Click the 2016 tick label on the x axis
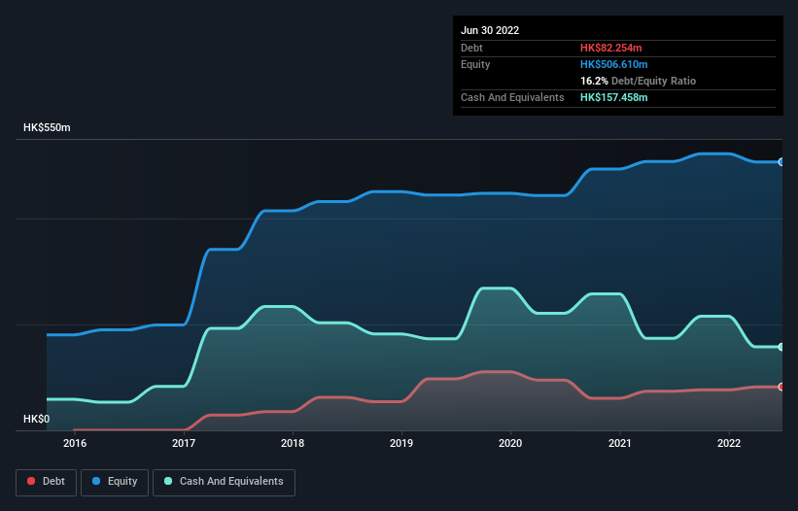click(x=75, y=444)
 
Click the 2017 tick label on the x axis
click(x=184, y=444)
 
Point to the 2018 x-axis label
click(x=293, y=444)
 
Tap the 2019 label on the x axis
click(x=401, y=444)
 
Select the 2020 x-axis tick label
click(x=510, y=444)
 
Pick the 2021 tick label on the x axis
click(x=619, y=444)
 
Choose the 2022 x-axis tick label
click(x=728, y=444)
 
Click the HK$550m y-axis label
click(x=48, y=128)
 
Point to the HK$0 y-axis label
click(x=36, y=419)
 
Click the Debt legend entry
click(x=47, y=482)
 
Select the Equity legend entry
click(x=115, y=482)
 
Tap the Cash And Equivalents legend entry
click(x=224, y=482)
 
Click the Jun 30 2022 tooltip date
click(x=490, y=30)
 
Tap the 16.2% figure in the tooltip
click(x=594, y=82)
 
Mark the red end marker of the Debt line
click(x=781, y=387)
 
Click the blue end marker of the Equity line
click(x=781, y=162)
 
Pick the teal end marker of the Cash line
click(x=781, y=347)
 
